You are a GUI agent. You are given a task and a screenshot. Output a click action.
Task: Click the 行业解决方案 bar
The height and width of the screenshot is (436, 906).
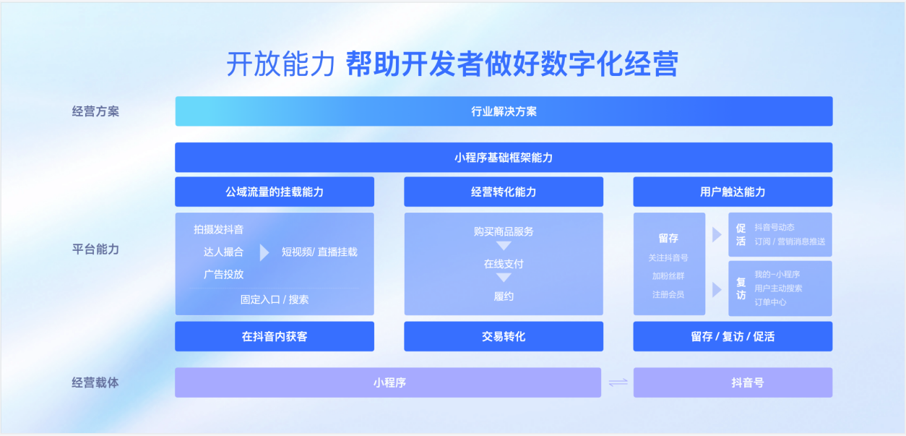504,111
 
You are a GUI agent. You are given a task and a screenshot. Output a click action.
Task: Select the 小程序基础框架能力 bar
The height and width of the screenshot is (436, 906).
504,157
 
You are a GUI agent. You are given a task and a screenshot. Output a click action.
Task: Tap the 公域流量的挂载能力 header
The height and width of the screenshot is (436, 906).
275,192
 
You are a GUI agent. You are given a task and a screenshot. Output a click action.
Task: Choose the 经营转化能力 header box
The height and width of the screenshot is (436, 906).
504,192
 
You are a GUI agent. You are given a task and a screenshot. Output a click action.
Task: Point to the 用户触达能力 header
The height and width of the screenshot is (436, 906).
733,192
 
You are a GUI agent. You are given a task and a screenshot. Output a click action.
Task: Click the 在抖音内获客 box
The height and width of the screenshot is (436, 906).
275,336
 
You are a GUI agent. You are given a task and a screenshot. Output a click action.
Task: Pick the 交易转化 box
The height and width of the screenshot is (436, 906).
504,336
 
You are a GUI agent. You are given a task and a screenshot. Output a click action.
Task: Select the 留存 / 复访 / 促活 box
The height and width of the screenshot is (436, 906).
733,336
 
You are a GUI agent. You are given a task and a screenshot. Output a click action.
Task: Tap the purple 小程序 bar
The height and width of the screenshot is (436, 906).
388,382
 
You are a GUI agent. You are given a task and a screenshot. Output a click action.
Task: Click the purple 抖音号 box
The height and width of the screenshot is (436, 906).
733,382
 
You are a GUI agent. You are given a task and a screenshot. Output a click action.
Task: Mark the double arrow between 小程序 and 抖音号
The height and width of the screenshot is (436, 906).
618,382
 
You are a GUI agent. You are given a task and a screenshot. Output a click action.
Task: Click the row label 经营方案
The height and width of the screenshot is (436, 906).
95,111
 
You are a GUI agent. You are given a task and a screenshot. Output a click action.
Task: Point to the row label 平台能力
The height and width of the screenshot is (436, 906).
95,249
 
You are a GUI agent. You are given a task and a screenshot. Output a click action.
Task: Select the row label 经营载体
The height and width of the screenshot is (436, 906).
95,382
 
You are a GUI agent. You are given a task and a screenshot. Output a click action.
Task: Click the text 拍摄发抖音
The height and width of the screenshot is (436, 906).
219,229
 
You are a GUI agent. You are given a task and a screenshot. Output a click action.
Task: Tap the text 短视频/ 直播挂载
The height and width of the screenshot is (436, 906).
319,252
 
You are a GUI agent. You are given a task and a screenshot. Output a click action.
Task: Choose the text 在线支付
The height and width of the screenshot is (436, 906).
504,264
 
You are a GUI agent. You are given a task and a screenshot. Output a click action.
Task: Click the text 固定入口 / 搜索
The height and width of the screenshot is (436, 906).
275,299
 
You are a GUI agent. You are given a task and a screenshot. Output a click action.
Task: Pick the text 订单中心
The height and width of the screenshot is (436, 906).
770,302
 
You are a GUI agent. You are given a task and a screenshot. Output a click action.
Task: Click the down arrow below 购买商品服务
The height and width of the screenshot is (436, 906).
504,246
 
